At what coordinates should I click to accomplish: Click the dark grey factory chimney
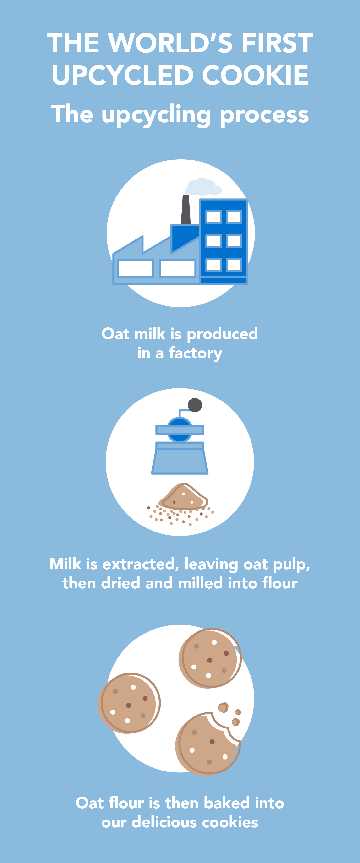(x=185, y=209)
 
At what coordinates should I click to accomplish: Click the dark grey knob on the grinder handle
(x=195, y=405)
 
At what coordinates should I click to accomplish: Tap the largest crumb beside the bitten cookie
(x=223, y=707)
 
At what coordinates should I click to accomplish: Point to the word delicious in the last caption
(x=164, y=822)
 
